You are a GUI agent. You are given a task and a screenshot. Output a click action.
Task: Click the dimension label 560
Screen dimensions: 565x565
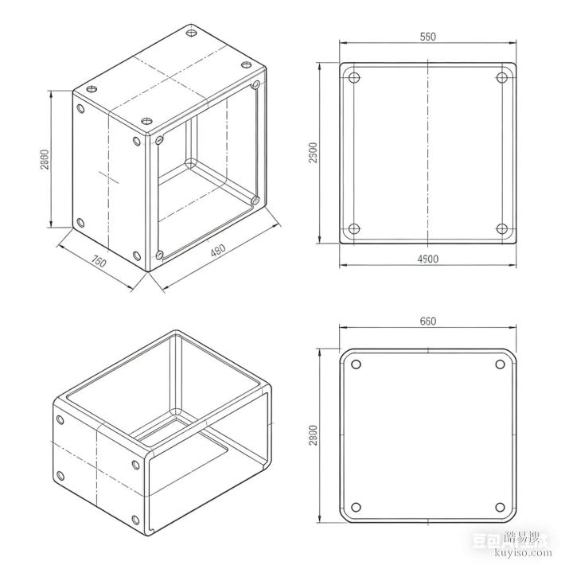coord(429,37)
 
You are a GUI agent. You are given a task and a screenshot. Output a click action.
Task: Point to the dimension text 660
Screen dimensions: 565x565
coord(428,321)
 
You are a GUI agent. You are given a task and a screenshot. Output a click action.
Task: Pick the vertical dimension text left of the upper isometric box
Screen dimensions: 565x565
coord(45,160)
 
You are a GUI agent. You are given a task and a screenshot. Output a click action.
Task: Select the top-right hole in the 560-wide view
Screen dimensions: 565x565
coord(502,77)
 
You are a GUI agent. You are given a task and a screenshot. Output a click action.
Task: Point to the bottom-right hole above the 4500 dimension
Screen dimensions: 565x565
coord(502,229)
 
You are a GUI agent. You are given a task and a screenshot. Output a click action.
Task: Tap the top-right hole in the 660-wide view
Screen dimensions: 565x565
coord(501,364)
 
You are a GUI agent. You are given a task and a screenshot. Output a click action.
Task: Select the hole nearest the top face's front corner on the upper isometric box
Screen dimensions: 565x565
coord(147,121)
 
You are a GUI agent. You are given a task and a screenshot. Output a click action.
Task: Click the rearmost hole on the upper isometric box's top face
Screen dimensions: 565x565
coord(191,33)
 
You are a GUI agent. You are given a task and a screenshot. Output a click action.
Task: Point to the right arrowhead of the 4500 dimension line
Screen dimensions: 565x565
coord(516,265)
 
